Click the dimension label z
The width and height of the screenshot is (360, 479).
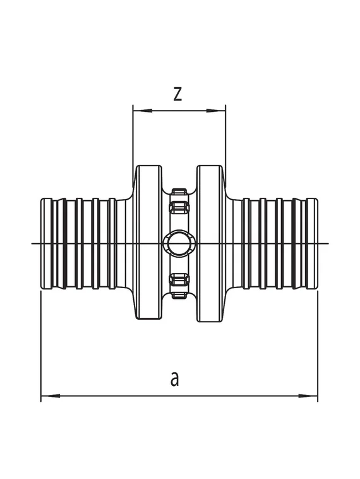click(x=177, y=94)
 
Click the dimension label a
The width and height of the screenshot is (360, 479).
click(x=174, y=379)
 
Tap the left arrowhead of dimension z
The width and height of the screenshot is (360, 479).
click(x=142, y=111)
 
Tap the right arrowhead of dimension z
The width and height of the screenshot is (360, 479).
click(x=216, y=111)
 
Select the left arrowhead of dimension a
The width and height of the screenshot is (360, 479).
click(x=51, y=396)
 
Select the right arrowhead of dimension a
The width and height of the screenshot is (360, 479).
click(x=308, y=396)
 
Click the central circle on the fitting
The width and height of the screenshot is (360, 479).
click(x=179, y=243)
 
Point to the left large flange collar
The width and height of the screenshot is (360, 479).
click(x=148, y=243)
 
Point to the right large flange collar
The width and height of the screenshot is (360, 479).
click(x=210, y=243)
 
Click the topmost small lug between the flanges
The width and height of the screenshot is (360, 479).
click(x=179, y=191)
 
